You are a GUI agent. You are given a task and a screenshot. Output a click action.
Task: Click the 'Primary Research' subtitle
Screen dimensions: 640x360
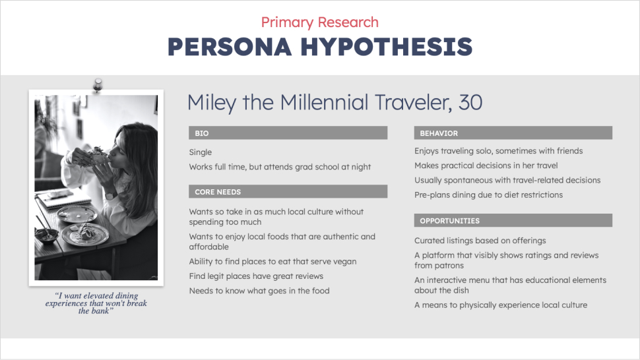319,22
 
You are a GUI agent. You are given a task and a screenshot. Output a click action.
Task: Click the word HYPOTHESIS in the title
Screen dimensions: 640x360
386,46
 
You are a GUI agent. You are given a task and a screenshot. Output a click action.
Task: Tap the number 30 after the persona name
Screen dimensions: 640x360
470,102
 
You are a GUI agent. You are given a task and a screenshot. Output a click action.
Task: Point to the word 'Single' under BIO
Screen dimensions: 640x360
201,152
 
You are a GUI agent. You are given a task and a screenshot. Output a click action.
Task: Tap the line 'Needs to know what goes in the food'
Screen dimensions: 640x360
259,291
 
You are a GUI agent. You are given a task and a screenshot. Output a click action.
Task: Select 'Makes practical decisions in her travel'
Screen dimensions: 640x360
486,165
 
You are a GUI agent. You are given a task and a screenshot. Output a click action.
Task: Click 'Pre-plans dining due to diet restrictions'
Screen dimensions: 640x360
488,195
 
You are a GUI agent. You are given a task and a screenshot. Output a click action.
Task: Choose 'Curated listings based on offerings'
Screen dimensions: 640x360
480,241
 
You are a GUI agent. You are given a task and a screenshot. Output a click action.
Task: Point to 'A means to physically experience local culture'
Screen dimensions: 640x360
501,305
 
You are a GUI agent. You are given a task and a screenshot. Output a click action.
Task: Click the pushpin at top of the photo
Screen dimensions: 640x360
98,85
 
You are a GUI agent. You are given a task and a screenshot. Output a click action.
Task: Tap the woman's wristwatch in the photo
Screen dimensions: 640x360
111,196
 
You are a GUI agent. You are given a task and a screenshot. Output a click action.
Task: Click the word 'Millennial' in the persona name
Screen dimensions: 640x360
324,102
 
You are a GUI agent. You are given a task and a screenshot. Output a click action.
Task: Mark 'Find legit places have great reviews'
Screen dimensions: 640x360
256,276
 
